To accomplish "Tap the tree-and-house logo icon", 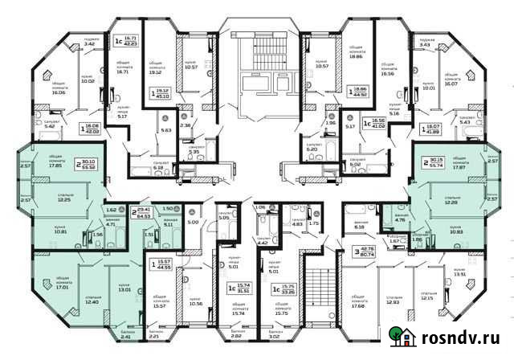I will (x=399, y=338).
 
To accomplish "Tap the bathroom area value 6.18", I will (x=358, y=227).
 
